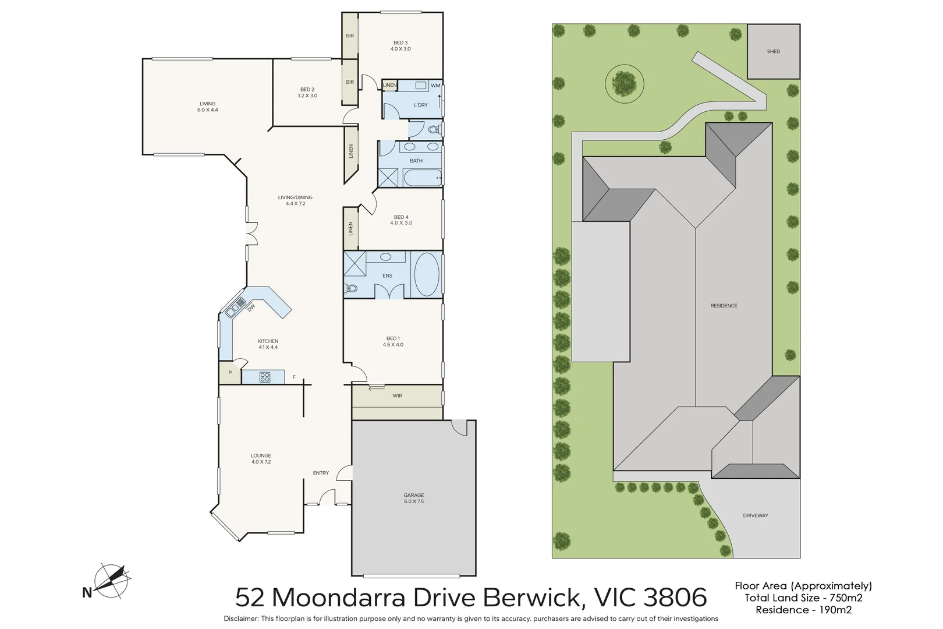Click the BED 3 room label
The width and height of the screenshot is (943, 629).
click(x=400, y=43)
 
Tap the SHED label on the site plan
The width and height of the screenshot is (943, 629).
click(x=774, y=51)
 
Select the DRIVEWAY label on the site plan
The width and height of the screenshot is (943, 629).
click(x=756, y=515)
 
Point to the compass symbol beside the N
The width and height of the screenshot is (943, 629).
click(x=112, y=580)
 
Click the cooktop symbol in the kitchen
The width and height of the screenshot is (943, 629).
click(x=265, y=377)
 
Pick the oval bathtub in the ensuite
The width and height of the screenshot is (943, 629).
click(x=427, y=275)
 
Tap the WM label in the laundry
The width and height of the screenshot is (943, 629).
click(x=435, y=86)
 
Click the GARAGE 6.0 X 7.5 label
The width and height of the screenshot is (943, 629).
click(x=414, y=498)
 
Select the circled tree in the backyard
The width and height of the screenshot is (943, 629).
click(x=625, y=84)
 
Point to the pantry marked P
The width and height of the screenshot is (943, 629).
click(x=230, y=372)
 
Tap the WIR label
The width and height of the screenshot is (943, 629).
click(x=397, y=396)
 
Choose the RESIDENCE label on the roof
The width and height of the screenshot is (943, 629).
click(x=724, y=305)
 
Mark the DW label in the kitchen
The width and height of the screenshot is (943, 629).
click(x=251, y=309)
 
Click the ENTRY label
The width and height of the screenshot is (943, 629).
click(x=321, y=473)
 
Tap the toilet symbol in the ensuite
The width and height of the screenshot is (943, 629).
click(x=351, y=288)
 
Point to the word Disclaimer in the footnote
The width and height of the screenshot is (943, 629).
click(x=241, y=619)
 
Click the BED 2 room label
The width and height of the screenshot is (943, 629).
click(x=307, y=89)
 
